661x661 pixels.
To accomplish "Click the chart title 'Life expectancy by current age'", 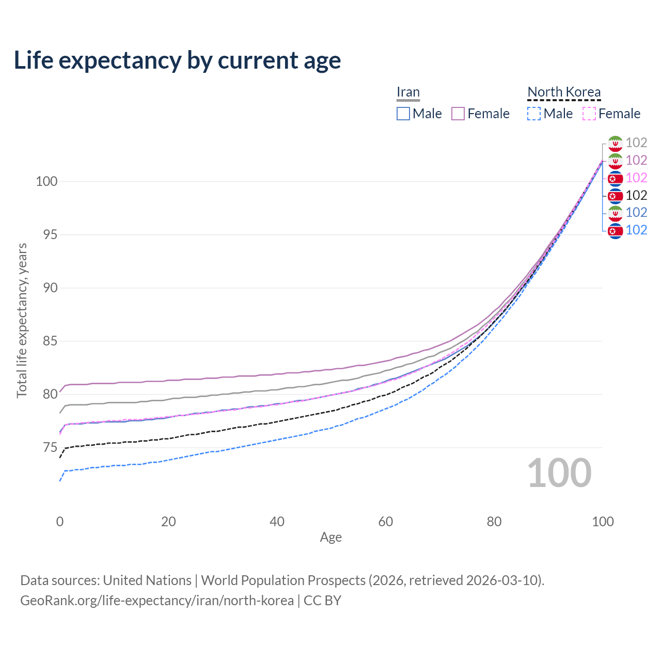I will click(x=177, y=60).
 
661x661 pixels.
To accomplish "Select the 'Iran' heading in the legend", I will click(x=408, y=92).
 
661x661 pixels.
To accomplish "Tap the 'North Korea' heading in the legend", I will click(x=564, y=92).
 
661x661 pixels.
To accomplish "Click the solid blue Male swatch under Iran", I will click(x=403, y=114).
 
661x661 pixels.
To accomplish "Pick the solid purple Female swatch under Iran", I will click(x=458, y=114).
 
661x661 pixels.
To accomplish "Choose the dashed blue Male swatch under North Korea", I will click(x=534, y=114).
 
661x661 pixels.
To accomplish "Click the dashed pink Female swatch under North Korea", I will click(x=589, y=114).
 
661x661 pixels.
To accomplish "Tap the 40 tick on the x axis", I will click(x=277, y=522).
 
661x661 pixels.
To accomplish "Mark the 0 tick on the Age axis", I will click(x=60, y=522).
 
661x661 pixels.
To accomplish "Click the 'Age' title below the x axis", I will click(x=330, y=537).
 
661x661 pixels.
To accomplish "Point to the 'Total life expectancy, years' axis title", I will click(x=22, y=321).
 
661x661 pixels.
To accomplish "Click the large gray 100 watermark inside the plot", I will click(x=559, y=473).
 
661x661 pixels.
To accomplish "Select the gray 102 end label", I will click(x=636, y=143).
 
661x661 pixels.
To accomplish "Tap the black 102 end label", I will click(x=636, y=195).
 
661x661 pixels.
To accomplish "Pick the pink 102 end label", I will click(x=636, y=178).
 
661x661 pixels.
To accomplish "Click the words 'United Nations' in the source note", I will click(x=147, y=580).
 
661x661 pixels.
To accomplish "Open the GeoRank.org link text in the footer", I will click(x=157, y=601).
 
